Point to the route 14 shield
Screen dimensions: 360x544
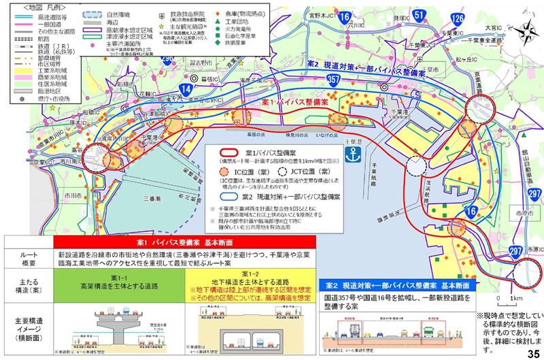(186, 86)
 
